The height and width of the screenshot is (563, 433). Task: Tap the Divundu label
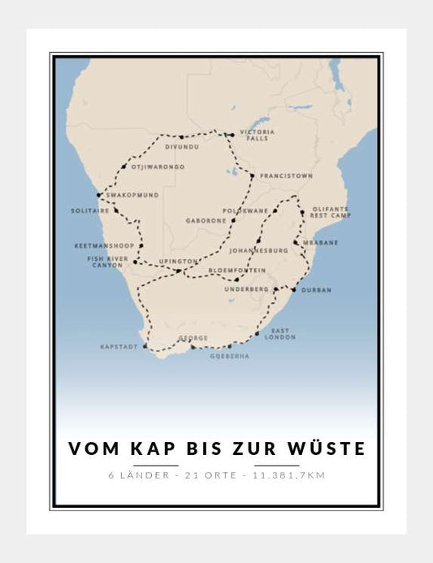point(180,148)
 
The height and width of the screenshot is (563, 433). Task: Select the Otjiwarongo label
point(158,167)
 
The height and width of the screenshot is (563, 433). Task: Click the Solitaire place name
point(90,211)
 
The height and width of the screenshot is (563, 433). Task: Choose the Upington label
point(178,261)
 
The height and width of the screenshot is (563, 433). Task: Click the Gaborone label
point(205,220)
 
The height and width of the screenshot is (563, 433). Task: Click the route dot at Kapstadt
point(145,347)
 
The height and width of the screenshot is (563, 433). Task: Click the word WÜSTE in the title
point(327,448)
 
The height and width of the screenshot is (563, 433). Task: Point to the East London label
point(284,334)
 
